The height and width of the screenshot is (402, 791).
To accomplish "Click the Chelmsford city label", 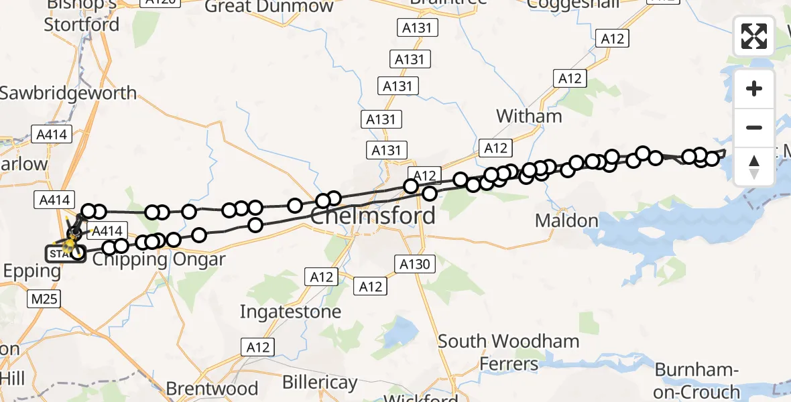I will click(373, 216).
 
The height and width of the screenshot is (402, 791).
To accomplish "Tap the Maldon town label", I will click(567, 220).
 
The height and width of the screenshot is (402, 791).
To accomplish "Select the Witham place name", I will click(529, 116).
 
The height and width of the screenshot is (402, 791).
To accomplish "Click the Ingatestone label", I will click(290, 312).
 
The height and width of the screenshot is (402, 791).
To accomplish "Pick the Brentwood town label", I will click(212, 389).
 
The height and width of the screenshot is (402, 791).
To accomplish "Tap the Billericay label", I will click(319, 383).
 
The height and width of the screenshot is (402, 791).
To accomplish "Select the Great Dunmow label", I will click(269, 7).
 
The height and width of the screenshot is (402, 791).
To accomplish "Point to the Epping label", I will click(32, 271).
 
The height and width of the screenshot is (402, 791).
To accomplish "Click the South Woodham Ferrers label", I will click(508, 352).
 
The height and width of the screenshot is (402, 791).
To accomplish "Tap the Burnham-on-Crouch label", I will click(696, 380).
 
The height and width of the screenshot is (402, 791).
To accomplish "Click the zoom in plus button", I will click(754, 88).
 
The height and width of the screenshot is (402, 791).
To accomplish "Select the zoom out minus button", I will click(754, 127).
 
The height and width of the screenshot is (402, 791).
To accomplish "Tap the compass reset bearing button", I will click(754, 166).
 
